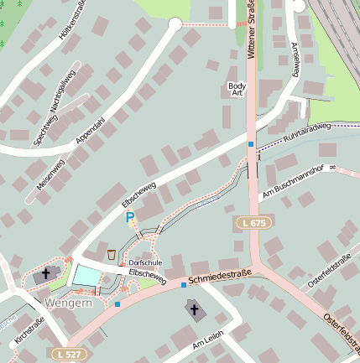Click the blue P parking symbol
coord(129,218)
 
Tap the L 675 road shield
coord(252,224)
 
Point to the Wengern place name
coord(68,302)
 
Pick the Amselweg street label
coord(294,60)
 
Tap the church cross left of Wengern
coord(45,273)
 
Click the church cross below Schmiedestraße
coord(194,310)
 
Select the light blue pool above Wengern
coord(86,273)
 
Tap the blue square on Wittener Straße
coord(250,144)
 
